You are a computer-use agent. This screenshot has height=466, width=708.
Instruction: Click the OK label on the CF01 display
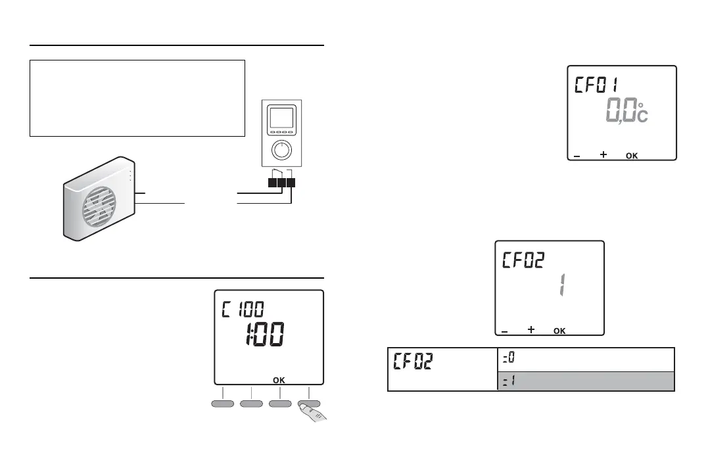tap(631, 156)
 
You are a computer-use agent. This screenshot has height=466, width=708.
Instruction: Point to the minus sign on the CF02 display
tap(504, 331)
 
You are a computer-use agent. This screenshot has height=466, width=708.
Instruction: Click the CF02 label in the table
tap(413, 362)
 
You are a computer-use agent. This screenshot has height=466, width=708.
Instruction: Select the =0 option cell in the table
tap(585, 360)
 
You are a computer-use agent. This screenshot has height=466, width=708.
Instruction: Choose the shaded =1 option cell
tap(585, 381)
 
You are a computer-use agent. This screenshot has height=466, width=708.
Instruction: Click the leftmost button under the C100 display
tap(223, 403)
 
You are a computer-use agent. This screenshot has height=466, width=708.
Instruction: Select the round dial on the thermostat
tap(282, 151)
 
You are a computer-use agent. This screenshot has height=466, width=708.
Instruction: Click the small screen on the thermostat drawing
tap(281, 119)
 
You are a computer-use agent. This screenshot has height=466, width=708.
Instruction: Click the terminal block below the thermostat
tap(282, 182)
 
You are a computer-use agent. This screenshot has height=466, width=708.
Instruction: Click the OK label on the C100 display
tap(280, 380)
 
